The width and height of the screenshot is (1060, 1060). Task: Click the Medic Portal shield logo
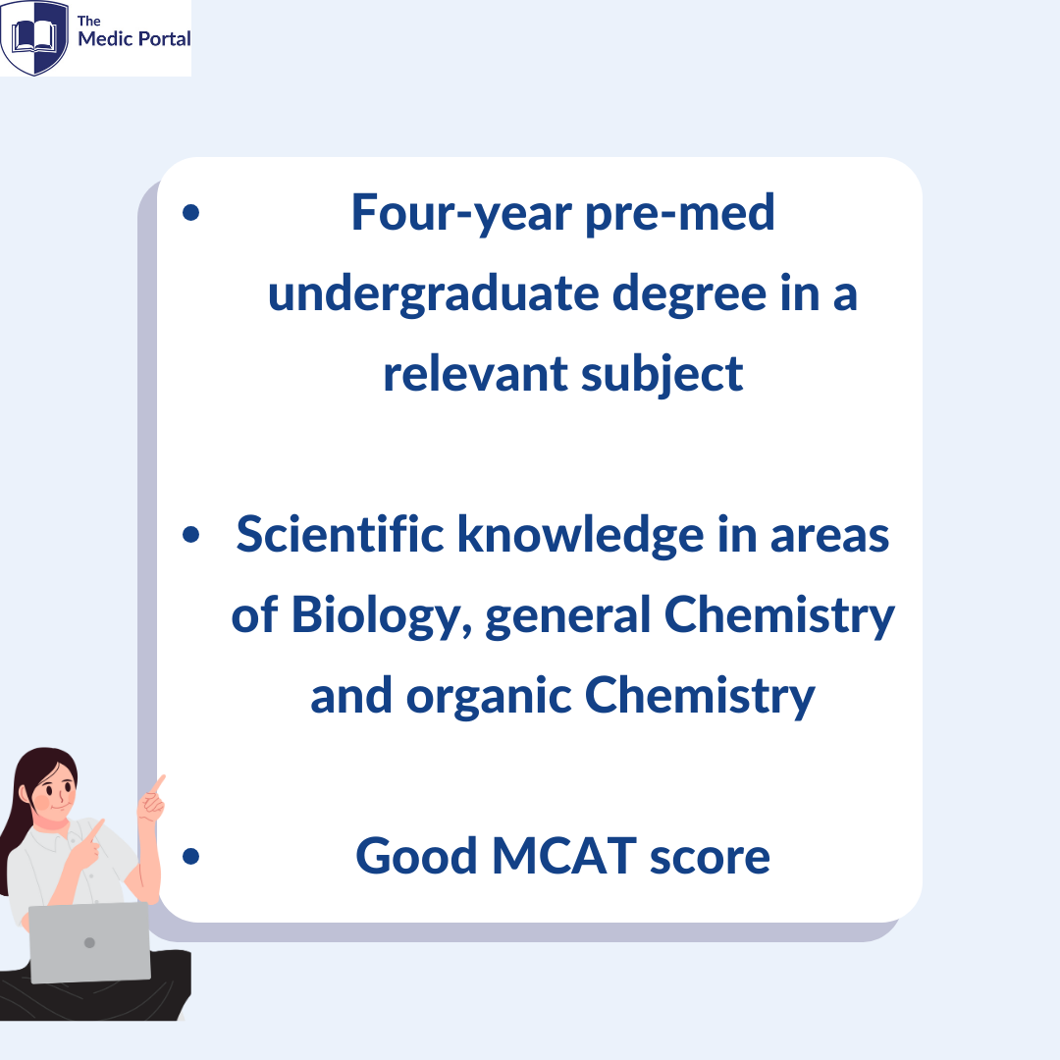coord(33,37)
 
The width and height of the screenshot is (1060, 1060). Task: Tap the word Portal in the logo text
coord(164,39)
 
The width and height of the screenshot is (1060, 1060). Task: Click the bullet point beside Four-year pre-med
coord(191,212)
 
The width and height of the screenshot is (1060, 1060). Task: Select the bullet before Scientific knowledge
coord(191,534)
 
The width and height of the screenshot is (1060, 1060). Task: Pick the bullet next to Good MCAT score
coord(191,856)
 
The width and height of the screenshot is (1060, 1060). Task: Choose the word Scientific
coord(340,534)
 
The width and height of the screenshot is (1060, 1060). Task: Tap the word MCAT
coord(563,856)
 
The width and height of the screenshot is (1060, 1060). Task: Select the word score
coord(710,859)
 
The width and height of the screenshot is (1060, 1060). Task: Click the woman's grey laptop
coord(89,942)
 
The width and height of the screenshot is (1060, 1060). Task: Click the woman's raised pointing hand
coord(152,800)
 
